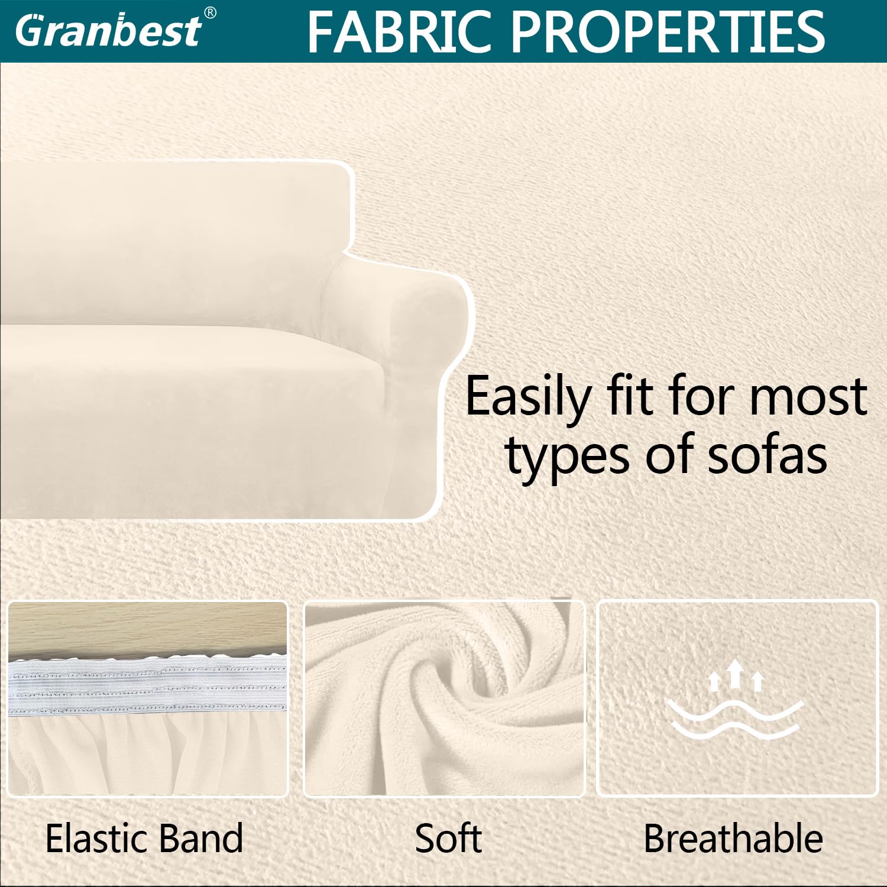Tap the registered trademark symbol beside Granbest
(210, 13)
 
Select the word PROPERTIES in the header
(668, 32)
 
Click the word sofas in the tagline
(767, 455)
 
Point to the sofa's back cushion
(174, 242)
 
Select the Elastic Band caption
(144, 839)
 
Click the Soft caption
(448, 839)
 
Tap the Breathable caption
(733, 839)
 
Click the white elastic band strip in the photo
(147, 686)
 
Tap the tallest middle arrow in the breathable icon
(735, 674)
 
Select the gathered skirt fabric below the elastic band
(147, 754)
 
